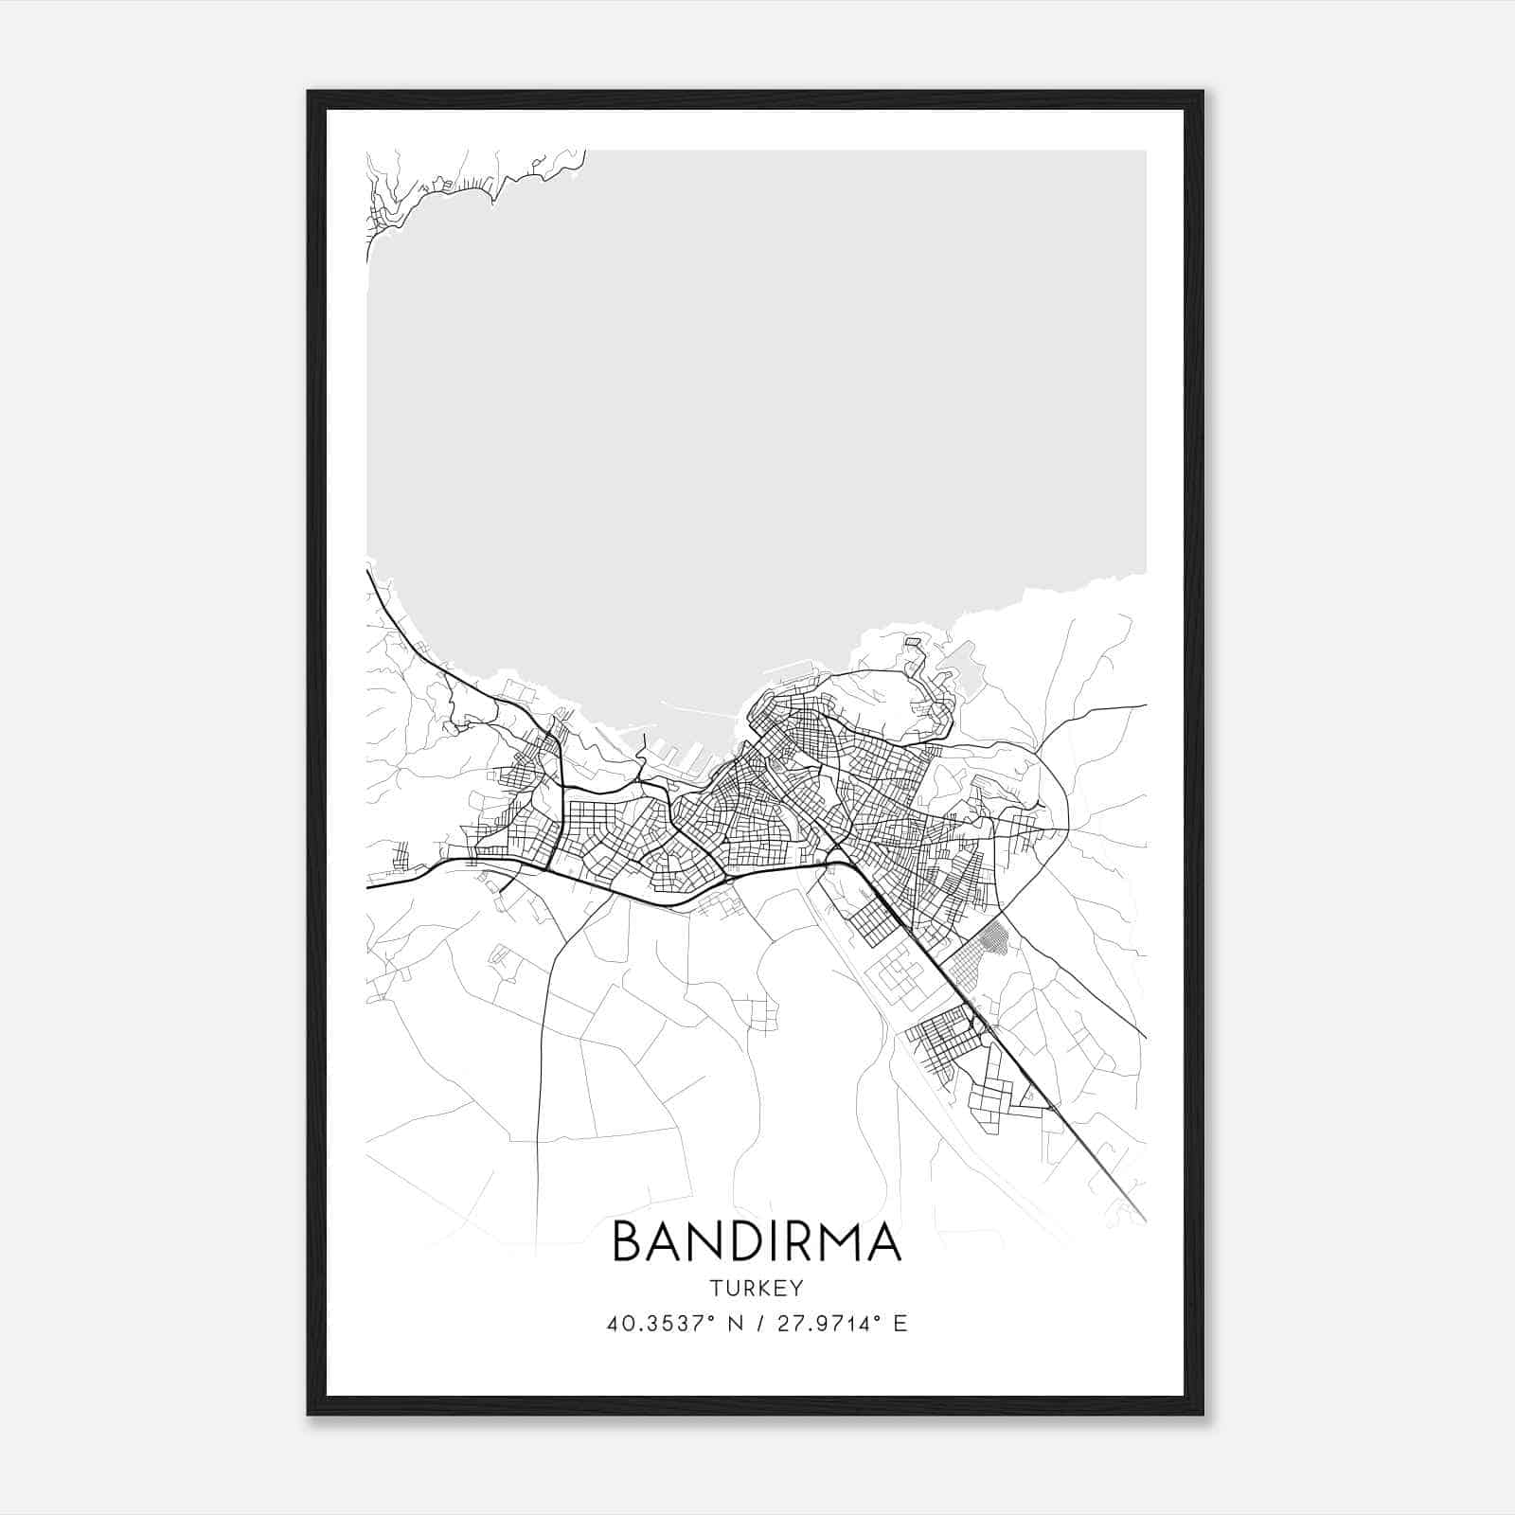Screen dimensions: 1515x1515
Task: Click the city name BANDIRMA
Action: tap(757, 1241)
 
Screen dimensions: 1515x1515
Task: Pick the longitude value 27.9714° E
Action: tap(842, 1324)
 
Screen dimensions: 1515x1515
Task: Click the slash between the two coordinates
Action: tap(759, 1324)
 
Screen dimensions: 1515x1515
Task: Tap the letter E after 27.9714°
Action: tap(900, 1324)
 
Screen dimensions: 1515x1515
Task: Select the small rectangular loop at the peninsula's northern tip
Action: tap(913, 643)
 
